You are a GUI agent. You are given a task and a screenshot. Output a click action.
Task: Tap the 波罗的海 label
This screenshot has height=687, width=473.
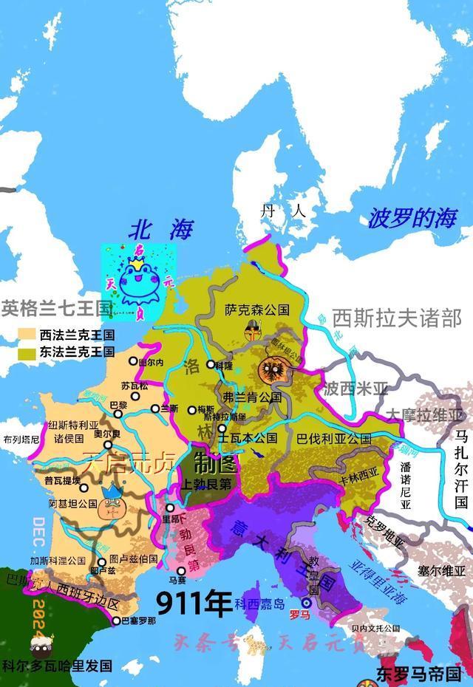(x=414, y=219)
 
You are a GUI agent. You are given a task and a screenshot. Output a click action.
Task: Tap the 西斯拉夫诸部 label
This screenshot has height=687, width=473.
(x=397, y=318)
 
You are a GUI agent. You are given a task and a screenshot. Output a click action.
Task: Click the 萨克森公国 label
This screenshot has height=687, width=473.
(x=256, y=310)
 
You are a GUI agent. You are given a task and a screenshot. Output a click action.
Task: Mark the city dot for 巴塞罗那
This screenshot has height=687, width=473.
(x=116, y=621)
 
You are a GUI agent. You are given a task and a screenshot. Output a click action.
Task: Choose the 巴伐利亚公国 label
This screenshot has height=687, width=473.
(x=333, y=438)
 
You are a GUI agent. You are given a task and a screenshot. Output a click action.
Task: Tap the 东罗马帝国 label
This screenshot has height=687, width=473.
(x=418, y=674)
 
